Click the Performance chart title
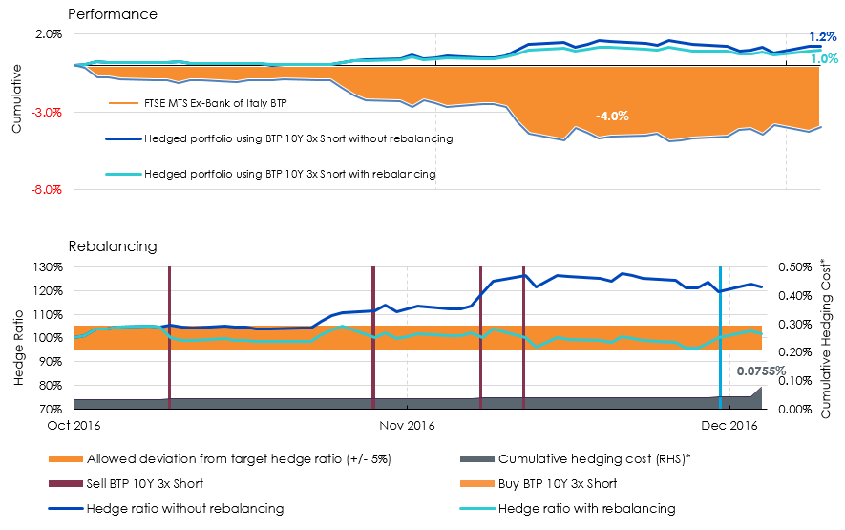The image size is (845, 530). tap(113, 14)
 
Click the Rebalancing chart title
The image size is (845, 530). tap(113, 246)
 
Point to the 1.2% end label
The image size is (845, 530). tap(823, 37)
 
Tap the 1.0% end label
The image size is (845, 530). tap(825, 58)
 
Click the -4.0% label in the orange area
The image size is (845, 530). tap(612, 116)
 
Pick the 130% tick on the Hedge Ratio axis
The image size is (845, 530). tap(49, 267)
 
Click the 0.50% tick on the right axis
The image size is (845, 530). tap(795, 267)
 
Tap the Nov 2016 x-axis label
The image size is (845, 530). tap(407, 425)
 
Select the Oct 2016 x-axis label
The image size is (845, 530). tap(74, 425)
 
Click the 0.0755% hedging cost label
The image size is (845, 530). tap(761, 371)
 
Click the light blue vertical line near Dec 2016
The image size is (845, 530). tap(720, 337)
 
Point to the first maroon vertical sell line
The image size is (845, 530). tap(169, 337)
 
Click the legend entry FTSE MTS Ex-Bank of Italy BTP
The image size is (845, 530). tap(199, 103)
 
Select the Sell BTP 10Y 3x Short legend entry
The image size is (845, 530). tap(126, 483)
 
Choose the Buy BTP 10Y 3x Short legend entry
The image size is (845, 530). tap(539, 483)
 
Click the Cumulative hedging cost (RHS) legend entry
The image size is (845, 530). tap(576, 458)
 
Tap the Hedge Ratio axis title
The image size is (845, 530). tap(19, 348)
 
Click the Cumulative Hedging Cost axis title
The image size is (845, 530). tap(826, 339)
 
